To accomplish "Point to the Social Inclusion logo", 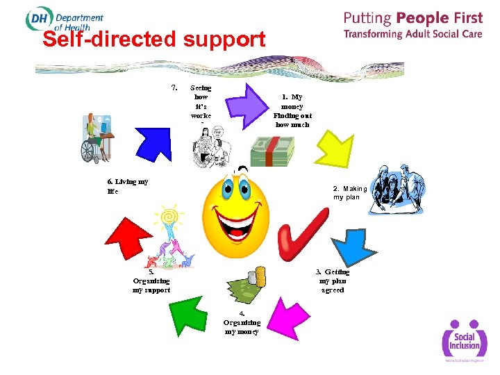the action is click(464, 340).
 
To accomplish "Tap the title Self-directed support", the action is click(153, 40).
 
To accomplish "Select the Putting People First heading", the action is click(412, 18).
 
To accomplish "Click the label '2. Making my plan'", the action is click(349, 193).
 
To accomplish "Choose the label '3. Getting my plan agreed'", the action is click(333, 281).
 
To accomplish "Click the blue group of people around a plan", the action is click(397, 190).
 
